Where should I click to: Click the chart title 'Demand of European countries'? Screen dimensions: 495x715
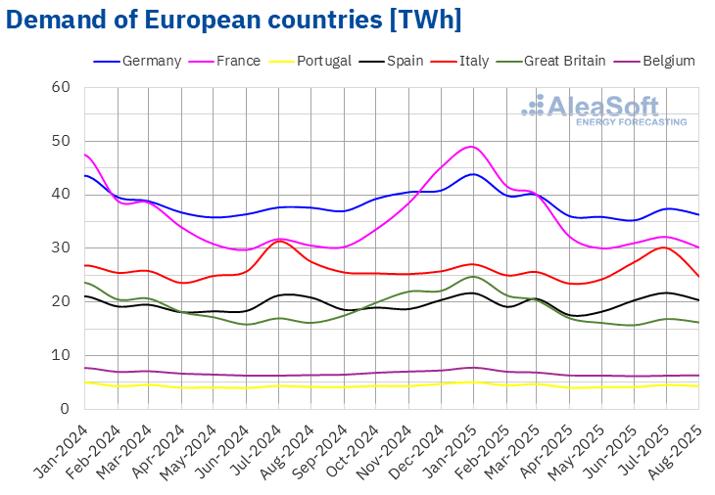pos(235,20)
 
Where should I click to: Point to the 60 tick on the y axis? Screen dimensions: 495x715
pos(61,87)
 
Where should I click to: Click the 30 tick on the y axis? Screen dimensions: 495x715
pos(61,247)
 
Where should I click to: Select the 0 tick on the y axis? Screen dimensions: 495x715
pos(65,408)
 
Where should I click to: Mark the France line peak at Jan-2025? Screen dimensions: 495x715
pos(472,147)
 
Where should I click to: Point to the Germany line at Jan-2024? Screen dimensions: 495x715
pos(86,175)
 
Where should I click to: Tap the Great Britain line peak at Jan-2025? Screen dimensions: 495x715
pos(472,276)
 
